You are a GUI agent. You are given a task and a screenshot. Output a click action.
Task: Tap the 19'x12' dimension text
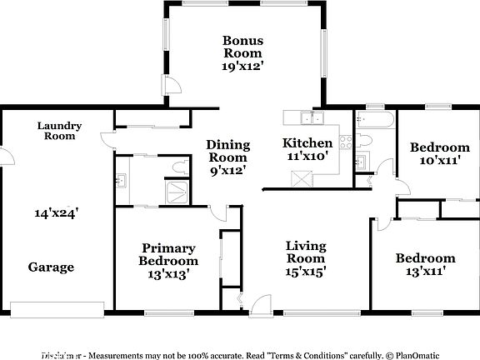point(242,67)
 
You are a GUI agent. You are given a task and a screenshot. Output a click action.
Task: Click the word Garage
point(52,267)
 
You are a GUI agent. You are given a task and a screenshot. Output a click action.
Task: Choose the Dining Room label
point(227,151)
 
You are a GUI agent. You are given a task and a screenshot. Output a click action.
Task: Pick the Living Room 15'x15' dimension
point(305,270)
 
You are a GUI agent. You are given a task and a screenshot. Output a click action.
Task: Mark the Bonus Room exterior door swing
point(173,84)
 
